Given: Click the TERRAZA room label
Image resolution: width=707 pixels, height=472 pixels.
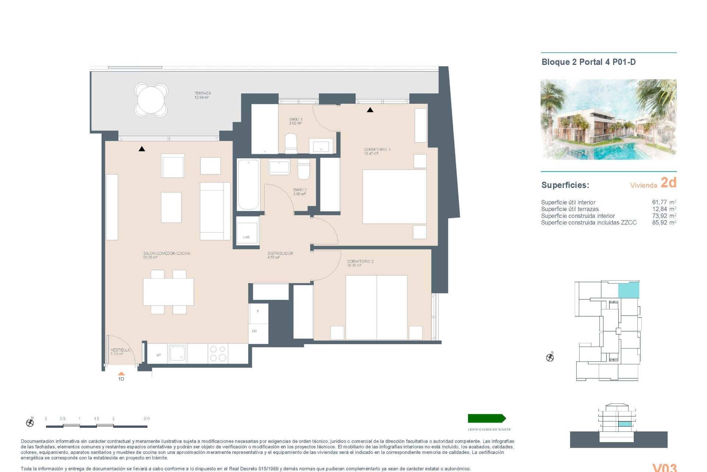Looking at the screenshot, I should pos(202,94).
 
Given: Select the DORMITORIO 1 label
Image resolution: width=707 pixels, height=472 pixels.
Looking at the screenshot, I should pos(377,150).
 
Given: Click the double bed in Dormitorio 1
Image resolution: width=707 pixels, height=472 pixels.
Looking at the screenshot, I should pos(394,196).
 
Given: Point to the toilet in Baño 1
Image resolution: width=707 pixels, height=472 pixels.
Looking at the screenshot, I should pos(291,143).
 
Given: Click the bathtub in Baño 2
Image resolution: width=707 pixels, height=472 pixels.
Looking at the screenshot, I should pos(248,184).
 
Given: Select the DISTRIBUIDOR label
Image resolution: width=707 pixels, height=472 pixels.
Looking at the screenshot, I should pos(280,254).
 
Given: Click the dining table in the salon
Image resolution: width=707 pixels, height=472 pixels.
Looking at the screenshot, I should pos(168,292).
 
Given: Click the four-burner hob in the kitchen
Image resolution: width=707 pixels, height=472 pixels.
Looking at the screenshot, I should pos(218,353).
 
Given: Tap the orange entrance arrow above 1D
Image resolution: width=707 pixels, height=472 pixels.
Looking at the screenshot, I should pos(121,374).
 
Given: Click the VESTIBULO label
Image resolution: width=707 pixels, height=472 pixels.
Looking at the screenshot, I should pos(120,350).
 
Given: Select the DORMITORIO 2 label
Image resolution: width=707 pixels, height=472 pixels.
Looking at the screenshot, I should pos(360,261).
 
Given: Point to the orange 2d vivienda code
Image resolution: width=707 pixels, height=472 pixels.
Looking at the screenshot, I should pos(668,183).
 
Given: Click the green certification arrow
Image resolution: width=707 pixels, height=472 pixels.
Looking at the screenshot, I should pos(486,418).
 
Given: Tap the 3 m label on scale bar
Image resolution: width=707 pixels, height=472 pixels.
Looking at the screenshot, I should pos(147,419).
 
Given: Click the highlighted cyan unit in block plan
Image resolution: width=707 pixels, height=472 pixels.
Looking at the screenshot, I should pos(628,290).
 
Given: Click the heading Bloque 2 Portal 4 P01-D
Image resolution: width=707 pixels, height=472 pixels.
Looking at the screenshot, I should pos(588,62).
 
